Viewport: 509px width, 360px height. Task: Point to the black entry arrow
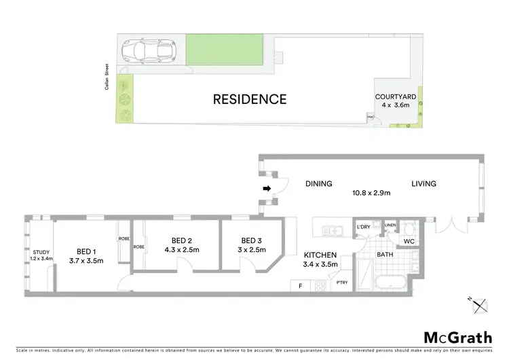point(267,188)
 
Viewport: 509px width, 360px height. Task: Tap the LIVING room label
point(423,183)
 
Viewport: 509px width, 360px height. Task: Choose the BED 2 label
point(183,240)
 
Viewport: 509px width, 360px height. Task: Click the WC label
point(409,240)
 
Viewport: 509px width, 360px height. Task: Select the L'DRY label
point(362,227)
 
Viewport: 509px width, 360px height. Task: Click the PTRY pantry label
point(341,283)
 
